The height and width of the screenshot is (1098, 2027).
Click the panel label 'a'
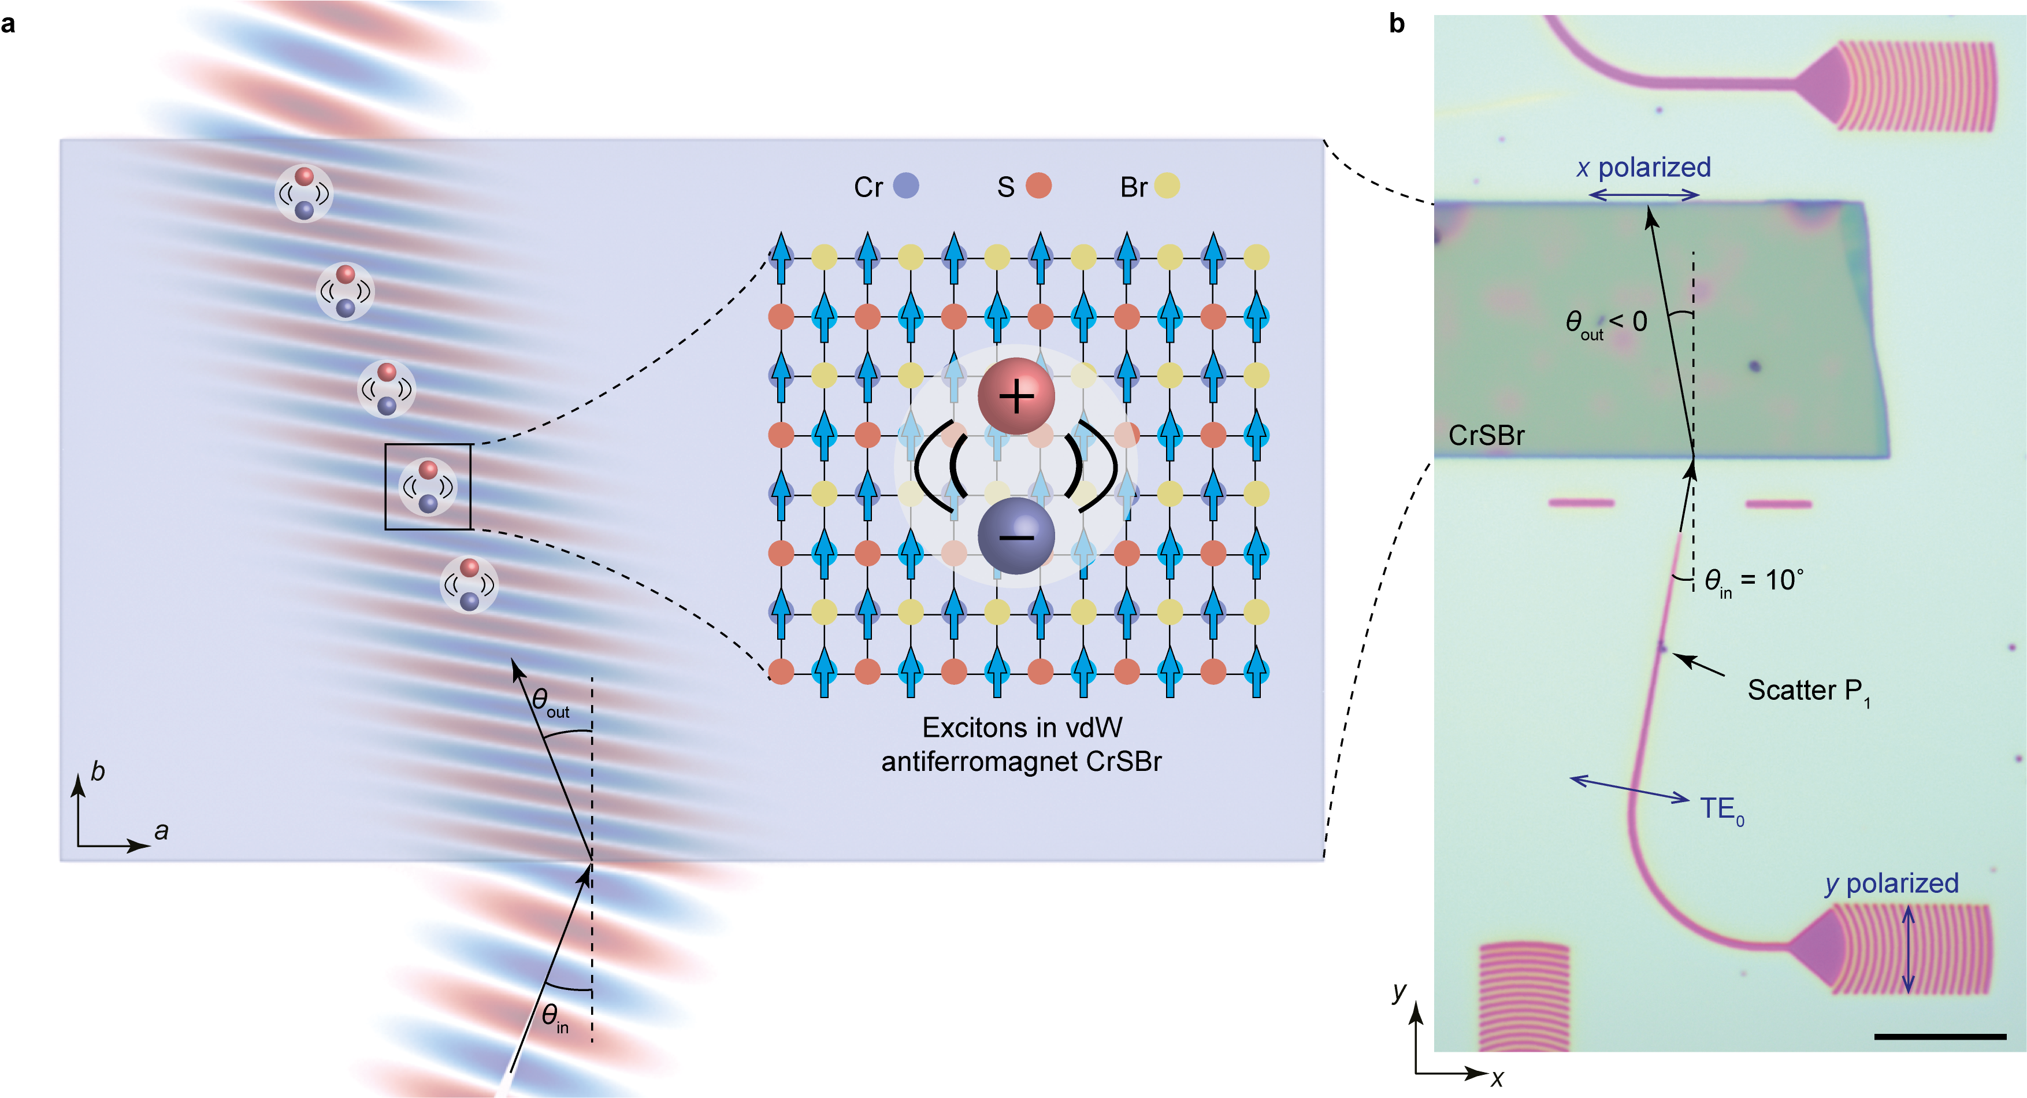(x=8, y=24)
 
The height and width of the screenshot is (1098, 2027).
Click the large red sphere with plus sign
(x=1016, y=396)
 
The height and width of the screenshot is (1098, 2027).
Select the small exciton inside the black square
(x=427, y=487)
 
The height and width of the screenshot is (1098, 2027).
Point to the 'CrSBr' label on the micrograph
(x=1486, y=435)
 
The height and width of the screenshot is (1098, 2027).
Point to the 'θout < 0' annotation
(x=1605, y=322)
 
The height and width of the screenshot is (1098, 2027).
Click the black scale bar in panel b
(x=1940, y=1037)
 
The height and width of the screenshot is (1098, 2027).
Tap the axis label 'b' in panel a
(x=98, y=771)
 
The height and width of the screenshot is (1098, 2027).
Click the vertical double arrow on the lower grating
(x=1907, y=949)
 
